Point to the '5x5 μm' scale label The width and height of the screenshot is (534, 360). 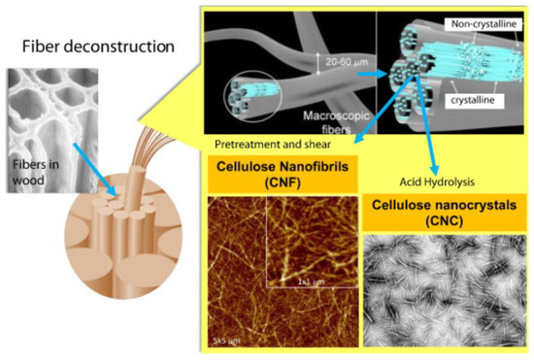[224, 340]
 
